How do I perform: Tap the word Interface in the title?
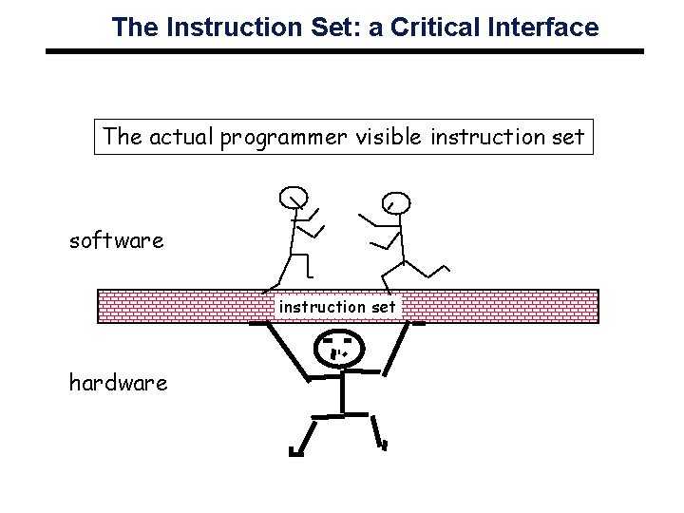(546, 28)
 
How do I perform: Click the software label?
(116, 240)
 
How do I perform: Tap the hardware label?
(118, 383)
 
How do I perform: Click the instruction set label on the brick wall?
(336, 307)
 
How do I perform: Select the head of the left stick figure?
(292, 198)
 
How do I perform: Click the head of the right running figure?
(395, 202)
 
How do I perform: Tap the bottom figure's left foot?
(295, 453)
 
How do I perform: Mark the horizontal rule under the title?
(345, 49)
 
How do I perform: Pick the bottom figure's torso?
(341, 391)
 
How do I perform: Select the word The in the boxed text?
(122, 137)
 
